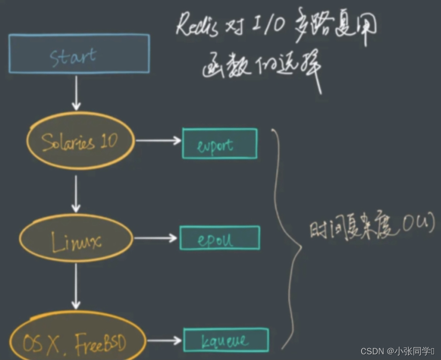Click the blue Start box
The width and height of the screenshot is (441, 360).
point(79,54)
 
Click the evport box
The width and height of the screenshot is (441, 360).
point(219,144)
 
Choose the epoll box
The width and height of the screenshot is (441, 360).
point(220,238)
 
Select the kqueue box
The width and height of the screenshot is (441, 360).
point(225,340)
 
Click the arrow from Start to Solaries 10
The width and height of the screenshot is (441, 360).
point(76,93)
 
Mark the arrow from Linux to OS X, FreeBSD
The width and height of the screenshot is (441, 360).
point(76,286)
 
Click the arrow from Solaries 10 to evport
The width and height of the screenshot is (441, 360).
point(158,141)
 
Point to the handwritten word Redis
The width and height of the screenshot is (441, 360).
point(196,25)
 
